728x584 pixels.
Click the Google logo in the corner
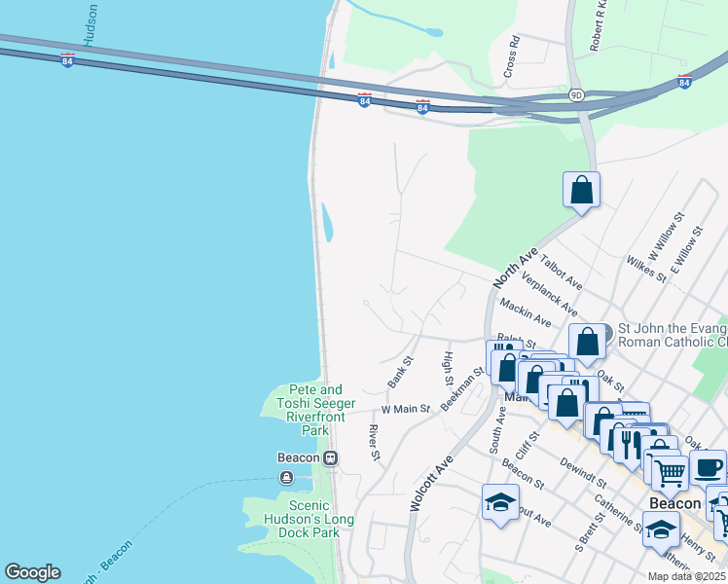click(x=32, y=572)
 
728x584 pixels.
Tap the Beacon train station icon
click(x=331, y=457)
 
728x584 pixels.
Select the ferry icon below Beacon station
click(x=286, y=477)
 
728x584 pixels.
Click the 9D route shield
click(x=576, y=94)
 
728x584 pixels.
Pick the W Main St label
click(x=405, y=410)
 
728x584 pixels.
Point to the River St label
click(x=374, y=443)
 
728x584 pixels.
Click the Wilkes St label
click(x=646, y=270)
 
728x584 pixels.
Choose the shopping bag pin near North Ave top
click(x=581, y=189)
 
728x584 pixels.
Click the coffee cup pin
click(x=708, y=466)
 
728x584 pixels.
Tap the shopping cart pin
click(x=669, y=473)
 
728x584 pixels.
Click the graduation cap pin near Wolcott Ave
click(x=500, y=502)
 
